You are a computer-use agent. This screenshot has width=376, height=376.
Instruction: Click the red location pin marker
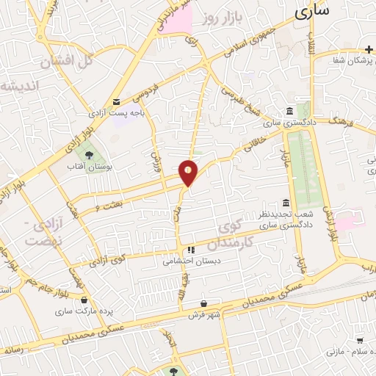[x=189, y=173]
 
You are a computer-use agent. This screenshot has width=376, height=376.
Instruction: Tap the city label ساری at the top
[x=312, y=11]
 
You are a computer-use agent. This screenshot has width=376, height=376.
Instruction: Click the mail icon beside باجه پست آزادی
[x=116, y=102]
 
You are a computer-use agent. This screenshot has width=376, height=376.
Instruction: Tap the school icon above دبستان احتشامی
[x=191, y=249]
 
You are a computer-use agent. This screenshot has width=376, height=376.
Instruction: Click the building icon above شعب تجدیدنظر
[x=286, y=203]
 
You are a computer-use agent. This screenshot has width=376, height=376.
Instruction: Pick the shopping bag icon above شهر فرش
[x=204, y=303]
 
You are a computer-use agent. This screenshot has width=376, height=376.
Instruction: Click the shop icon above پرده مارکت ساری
[x=85, y=300]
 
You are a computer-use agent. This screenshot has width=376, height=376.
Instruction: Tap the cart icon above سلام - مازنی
[x=360, y=341]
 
